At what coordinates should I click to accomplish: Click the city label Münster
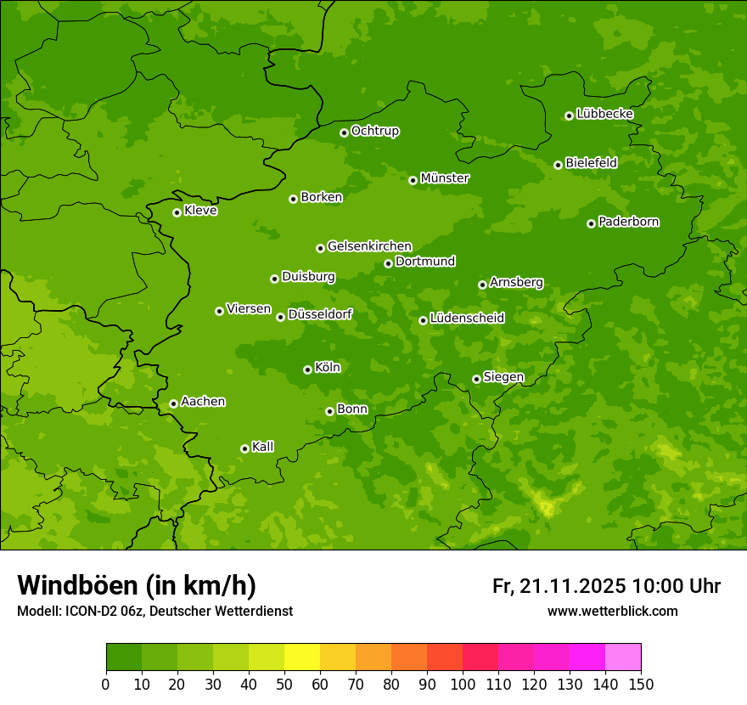pos(445,178)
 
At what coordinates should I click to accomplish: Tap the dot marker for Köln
pos(307,369)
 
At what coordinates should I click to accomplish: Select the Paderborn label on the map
pos(629,222)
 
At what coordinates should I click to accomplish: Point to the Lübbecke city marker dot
pos(569,116)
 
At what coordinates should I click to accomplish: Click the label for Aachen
pos(203,402)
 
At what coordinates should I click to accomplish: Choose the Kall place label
pos(263,447)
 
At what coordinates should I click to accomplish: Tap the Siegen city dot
pos(476,379)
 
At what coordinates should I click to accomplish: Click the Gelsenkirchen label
pos(369,246)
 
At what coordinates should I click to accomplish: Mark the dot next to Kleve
pos(177,212)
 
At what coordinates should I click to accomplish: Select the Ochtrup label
pos(375,131)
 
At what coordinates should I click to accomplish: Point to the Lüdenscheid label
pos(467,319)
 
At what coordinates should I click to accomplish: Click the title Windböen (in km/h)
pos(137,585)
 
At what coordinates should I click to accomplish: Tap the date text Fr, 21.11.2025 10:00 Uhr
pos(606,586)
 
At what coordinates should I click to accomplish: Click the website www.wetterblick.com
pos(612,611)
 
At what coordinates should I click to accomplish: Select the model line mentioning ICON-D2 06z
pos(154,611)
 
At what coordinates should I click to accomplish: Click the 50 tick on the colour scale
pos(284,684)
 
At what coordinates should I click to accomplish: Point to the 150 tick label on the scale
pos(641,684)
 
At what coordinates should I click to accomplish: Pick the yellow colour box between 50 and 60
pos(302,657)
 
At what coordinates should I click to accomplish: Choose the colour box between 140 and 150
pos(623,657)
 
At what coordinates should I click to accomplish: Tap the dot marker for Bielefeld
pos(558,165)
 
